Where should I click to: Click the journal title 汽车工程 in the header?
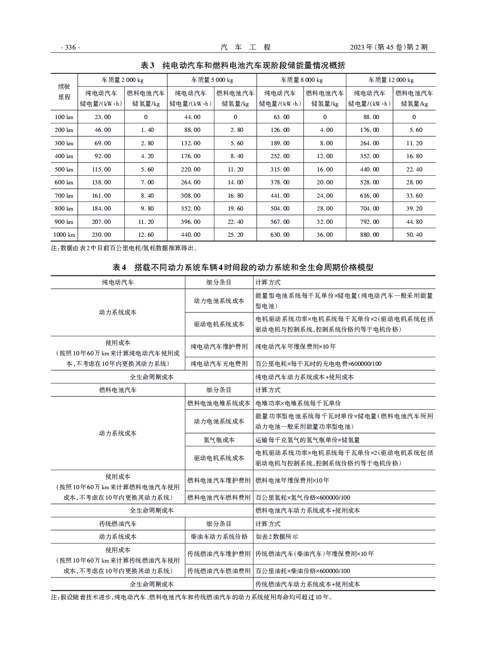(x=245, y=47)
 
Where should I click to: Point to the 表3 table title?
(x=243, y=65)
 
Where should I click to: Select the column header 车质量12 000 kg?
(x=391, y=80)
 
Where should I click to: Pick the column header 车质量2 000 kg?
(x=122, y=80)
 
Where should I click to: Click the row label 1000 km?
(x=64, y=235)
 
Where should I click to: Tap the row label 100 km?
(x=64, y=117)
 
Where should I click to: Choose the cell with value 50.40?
(x=414, y=235)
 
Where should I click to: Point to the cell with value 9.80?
(x=146, y=209)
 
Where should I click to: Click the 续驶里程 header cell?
(x=64, y=91)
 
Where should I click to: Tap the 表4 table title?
(x=243, y=268)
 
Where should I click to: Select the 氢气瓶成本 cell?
(x=219, y=440)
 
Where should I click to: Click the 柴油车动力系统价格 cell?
(x=219, y=536)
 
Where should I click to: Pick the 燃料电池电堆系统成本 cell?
(x=219, y=403)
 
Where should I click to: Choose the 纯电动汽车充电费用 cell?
(x=219, y=364)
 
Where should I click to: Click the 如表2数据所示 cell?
(x=277, y=536)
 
